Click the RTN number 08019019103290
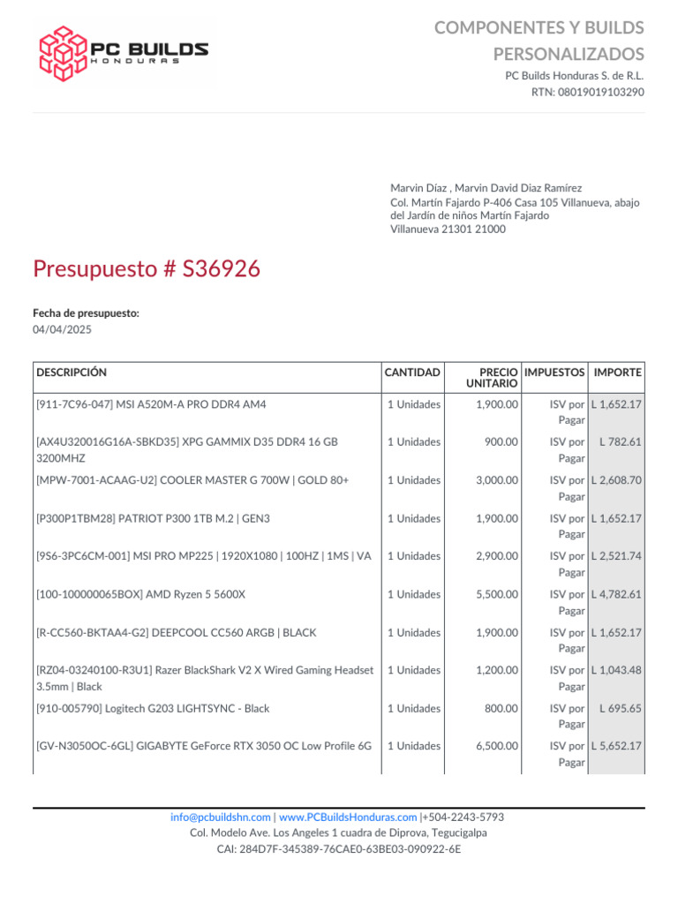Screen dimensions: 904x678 click(600, 92)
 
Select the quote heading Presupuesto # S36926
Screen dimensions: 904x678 click(147, 269)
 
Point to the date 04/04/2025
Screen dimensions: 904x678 click(62, 330)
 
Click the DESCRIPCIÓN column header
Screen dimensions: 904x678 click(72, 373)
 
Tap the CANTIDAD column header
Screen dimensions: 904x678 click(412, 373)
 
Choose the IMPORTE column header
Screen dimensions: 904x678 click(618, 373)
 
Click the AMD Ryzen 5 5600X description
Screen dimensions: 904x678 click(141, 595)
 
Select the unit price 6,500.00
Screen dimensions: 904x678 click(497, 747)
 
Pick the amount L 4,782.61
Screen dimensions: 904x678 click(616, 595)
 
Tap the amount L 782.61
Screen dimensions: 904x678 click(620, 442)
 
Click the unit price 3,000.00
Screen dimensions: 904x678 click(497, 481)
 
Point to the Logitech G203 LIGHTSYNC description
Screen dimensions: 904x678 click(153, 709)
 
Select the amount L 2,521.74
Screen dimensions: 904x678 click(616, 557)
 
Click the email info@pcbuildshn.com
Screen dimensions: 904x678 click(220, 817)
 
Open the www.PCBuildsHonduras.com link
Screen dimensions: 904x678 click(348, 817)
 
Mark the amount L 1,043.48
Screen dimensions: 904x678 click(616, 671)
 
